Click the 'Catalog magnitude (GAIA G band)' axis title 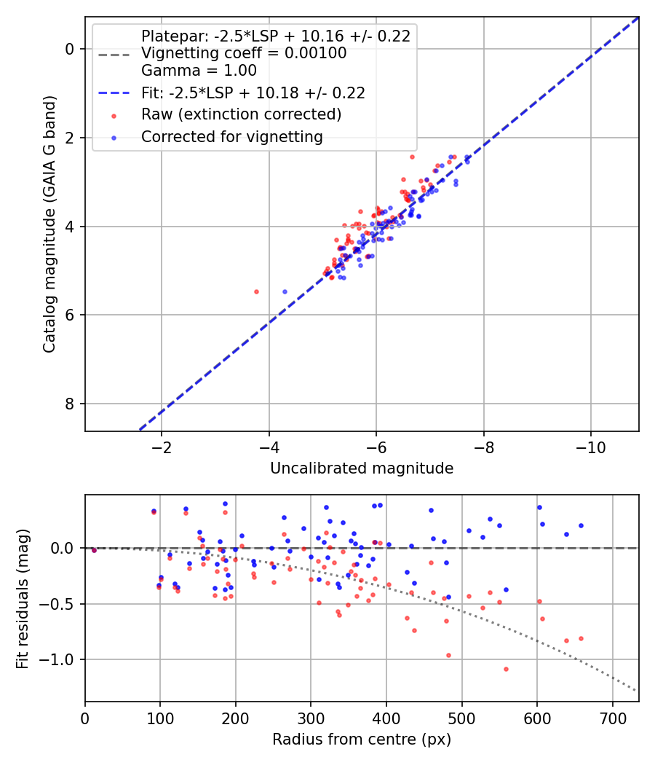(x=49, y=224)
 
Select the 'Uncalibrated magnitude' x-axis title (x=362, y=468)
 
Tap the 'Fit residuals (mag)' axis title (x=23, y=599)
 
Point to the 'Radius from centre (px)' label (x=362, y=739)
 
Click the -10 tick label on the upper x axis (x=591, y=447)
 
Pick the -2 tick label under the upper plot (x=162, y=447)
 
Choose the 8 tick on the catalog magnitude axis (x=70, y=404)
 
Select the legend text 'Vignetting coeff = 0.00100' (x=244, y=53)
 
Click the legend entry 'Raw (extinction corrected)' (x=241, y=114)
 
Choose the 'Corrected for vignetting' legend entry (x=232, y=137)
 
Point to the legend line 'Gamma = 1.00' (x=199, y=71)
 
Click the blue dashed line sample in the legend (x=114, y=93)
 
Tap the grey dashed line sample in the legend (x=114, y=54)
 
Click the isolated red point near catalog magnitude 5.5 (x=257, y=291)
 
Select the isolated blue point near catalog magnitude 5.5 (x=285, y=291)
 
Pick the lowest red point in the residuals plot (x=506, y=670)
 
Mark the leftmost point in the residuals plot (x=94, y=550)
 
